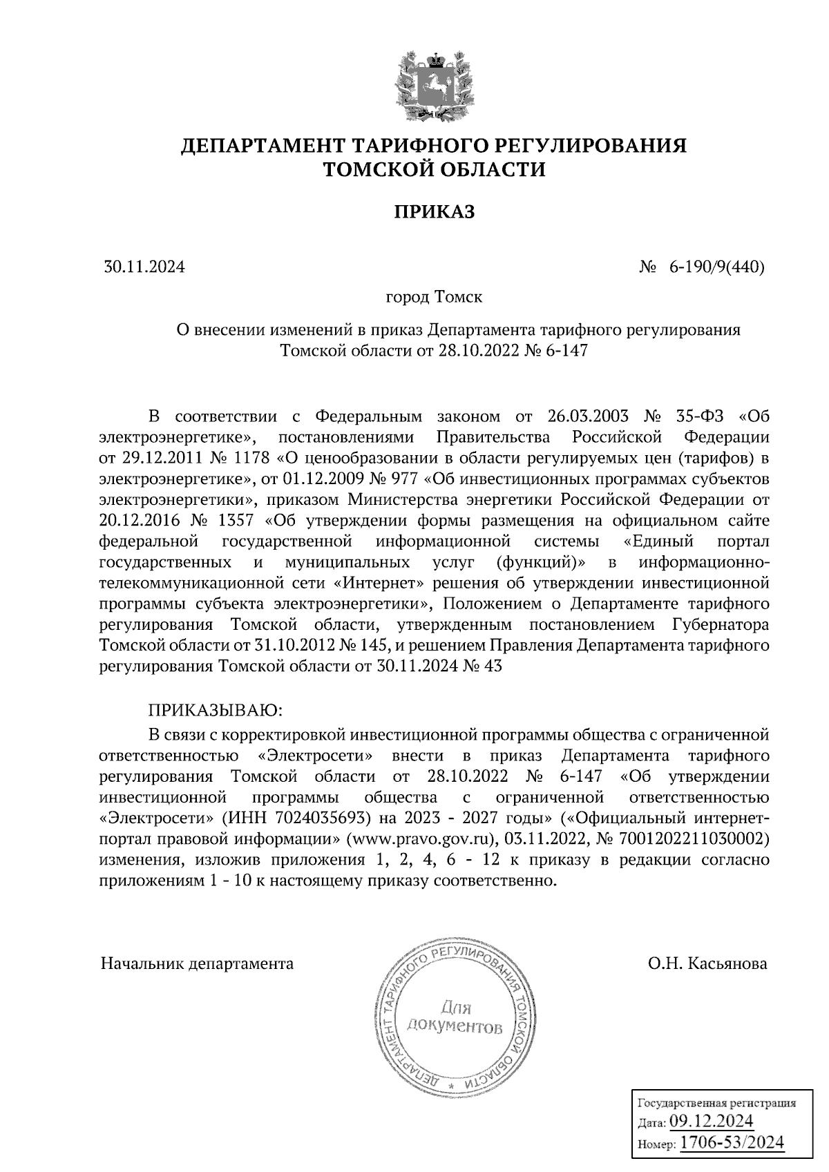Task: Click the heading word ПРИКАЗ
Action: (x=434, y=212)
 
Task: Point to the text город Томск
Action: (x=434, y=298)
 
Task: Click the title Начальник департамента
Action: (x=197, y=963)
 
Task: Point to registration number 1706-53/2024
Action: (x=732, y=1143)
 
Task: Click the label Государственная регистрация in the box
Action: (x=715, y=1104)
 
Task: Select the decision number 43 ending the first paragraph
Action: (x=493, y=666)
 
